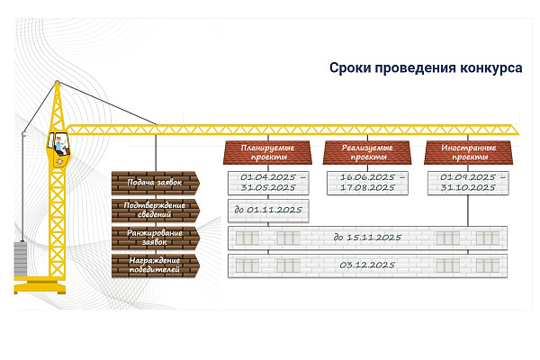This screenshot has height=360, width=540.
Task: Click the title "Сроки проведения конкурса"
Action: pos(426,67)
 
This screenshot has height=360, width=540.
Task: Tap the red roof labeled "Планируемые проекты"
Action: pos(267,152)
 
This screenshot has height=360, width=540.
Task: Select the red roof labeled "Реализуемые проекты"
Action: pos(367,152)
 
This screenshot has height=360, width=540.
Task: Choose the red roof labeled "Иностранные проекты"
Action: pos(468,152)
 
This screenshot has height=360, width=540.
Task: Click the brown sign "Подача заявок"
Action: pos(156,183)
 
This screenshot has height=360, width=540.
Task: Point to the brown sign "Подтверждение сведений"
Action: pos(156,210)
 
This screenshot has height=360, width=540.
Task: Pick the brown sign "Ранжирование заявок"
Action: pos(156,238)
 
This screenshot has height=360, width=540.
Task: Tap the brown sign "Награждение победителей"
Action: pos(156,265)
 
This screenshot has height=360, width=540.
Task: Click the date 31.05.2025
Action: pos(268,188)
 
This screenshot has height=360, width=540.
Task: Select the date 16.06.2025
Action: pos(367,177)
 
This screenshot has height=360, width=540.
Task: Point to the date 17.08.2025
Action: pos(367,188)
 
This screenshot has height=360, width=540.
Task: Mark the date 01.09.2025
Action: pos(468,177)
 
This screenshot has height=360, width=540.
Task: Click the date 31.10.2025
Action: pos(468,188)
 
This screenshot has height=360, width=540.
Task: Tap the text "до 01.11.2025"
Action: pos(268,210)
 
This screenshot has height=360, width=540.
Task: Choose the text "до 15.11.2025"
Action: pos(367,238)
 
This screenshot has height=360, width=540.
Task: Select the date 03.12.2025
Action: pos(367,265)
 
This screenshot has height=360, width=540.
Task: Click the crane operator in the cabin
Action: pos(60,146)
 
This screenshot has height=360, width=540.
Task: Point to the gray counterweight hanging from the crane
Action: pos(21,258)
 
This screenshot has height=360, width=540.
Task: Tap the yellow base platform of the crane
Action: pos(40,285)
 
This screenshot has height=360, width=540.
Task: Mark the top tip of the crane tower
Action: pos(58,82)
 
